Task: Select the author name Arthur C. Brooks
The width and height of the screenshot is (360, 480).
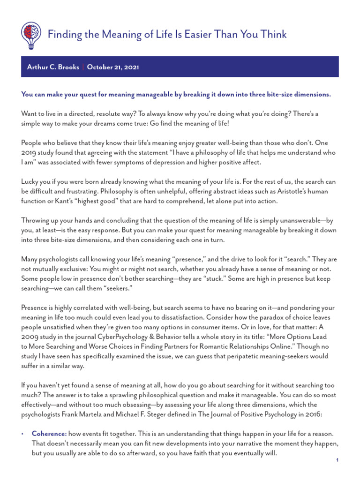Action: click(53, 67)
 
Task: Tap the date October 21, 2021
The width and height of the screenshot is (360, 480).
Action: click(113, 67)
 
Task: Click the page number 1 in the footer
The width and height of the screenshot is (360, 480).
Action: click(337, 461)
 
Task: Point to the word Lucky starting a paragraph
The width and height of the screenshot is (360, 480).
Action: click(31, 181)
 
